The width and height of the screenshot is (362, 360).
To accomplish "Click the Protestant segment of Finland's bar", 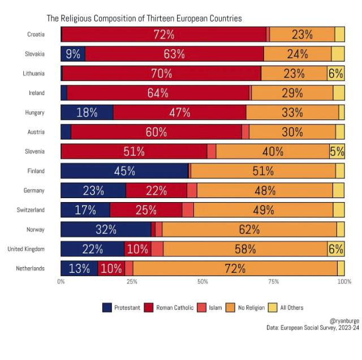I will coord(124,170).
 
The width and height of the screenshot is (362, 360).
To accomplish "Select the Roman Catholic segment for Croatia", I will coord(163,34).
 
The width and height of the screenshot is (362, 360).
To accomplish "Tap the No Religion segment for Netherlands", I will coord(235,268).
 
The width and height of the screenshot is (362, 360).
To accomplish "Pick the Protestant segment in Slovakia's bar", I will coord(73,54).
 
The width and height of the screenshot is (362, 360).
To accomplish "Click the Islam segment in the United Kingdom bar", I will coord(157,248).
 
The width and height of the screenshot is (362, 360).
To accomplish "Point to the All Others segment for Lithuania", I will coord(335,73).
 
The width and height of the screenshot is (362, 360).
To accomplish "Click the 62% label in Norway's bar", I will coord(249,229).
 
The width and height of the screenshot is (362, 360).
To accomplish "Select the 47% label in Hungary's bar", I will coord(179,112).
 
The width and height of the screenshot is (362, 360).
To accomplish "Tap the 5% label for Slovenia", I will coord(337,151).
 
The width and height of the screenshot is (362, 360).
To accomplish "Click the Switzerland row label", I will coord(31,210).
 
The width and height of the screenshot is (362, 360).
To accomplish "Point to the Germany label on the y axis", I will coord(33,191).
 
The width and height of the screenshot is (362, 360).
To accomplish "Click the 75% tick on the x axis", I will coord(273,281).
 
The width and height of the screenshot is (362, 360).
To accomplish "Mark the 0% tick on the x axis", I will coord(61,281).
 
